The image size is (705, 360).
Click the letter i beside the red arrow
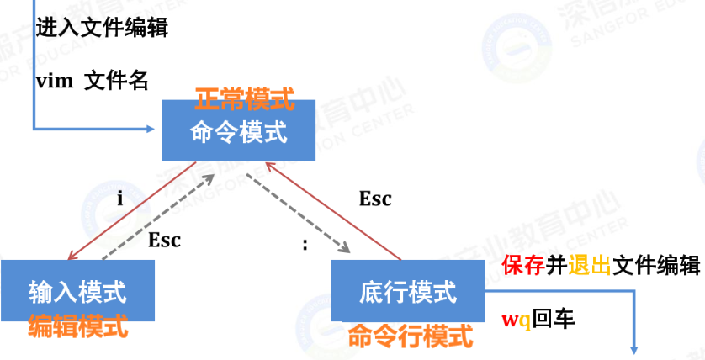point(119,199)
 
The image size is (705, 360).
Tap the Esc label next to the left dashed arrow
point(165,240)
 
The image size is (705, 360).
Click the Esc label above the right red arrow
point(375,199)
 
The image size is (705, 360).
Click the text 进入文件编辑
point(102,28)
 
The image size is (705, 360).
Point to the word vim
point(53,82)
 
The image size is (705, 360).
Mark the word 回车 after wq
point(554,320)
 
